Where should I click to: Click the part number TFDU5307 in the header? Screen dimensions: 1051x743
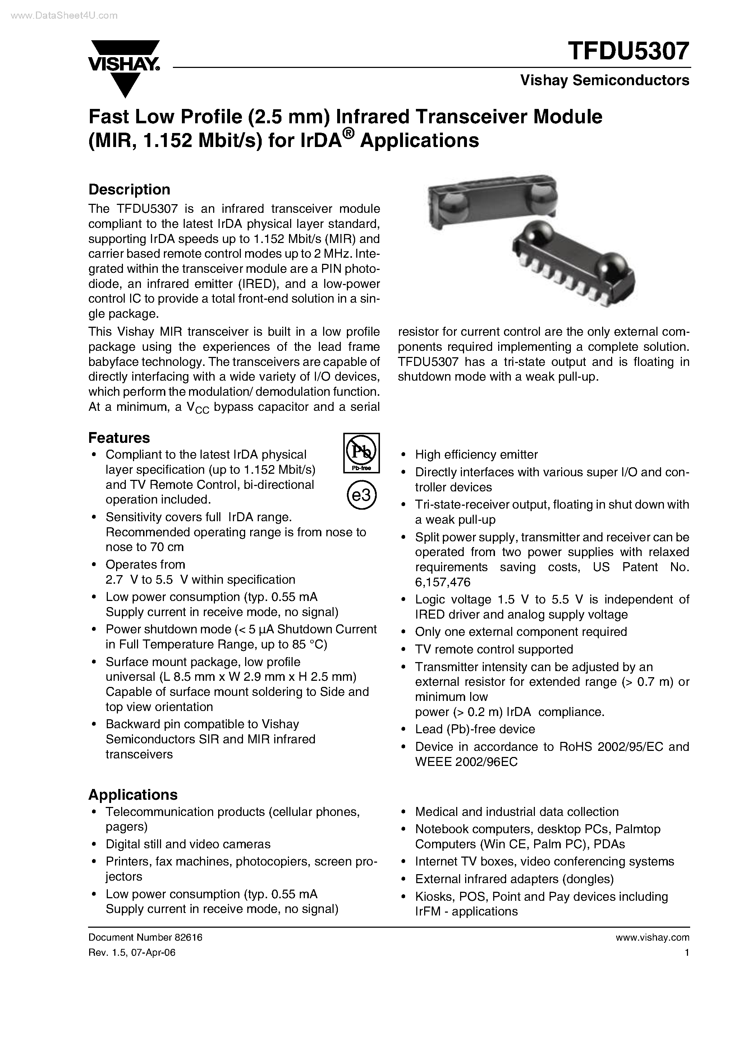tap(628, 51)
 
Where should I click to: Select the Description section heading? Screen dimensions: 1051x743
tap(129, 189)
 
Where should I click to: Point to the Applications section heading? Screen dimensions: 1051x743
tap(133, 795)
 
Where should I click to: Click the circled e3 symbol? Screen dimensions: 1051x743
tap(362, 495)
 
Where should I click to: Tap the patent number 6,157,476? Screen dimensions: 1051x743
tap(443, 582)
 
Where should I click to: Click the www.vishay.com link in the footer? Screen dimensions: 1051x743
tap(652, 937)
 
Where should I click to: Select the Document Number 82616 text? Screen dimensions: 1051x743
tap(145, 937)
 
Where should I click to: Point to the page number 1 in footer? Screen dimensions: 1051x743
tap(687, 953)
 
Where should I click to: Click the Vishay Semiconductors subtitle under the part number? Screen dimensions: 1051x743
tap(604, 81)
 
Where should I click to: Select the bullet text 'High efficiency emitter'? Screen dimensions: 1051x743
tap(476, 455)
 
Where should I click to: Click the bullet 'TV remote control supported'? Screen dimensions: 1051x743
tap(494, 649)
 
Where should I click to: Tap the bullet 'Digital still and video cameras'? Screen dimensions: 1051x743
tap(188, 844)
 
